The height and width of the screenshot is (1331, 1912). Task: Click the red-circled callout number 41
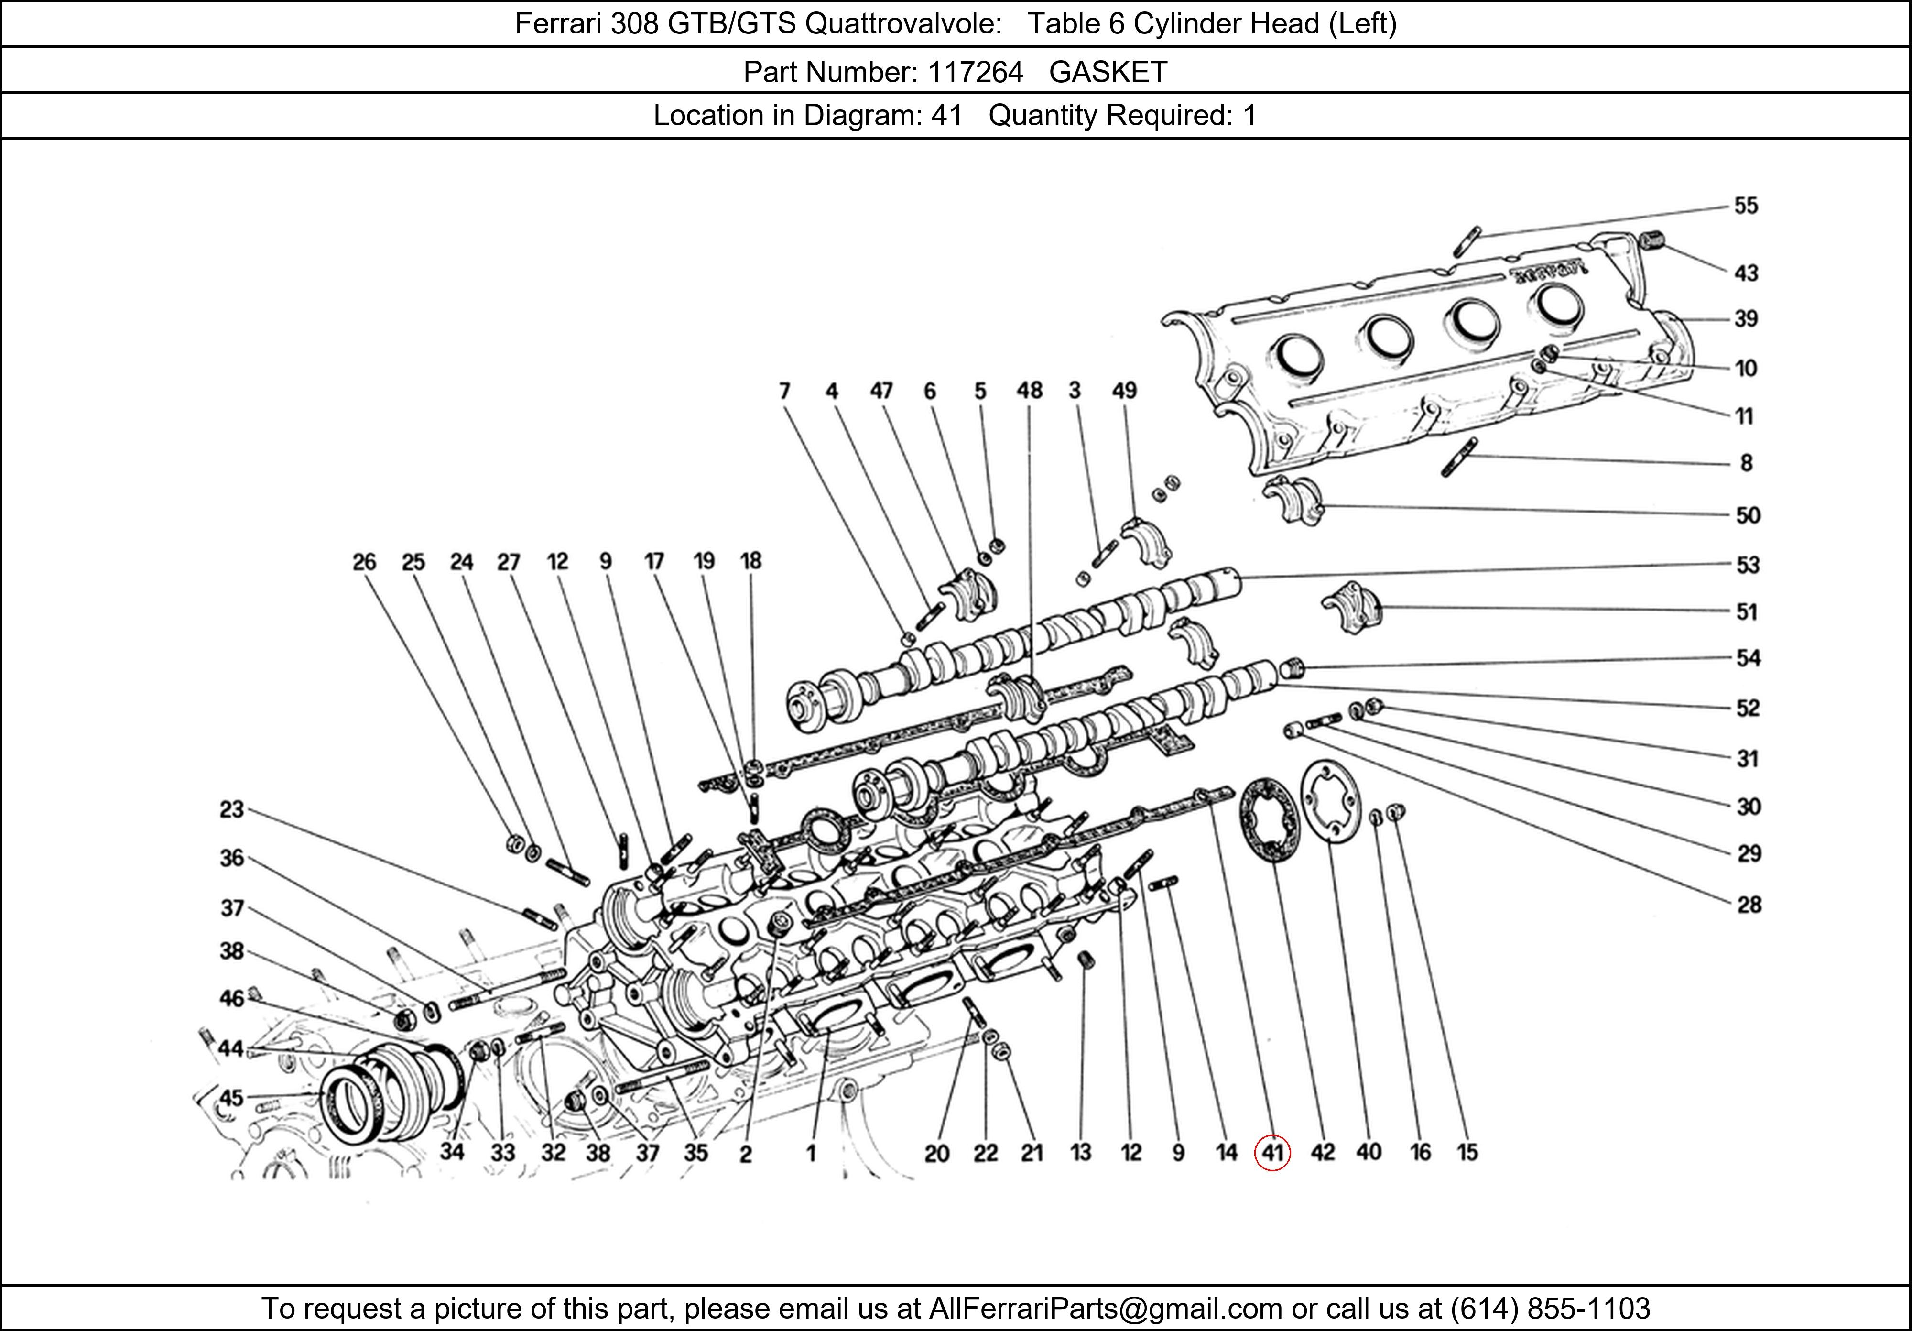click(x=1271, y=1153)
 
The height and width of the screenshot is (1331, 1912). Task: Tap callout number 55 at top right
click(x=1746, y=206)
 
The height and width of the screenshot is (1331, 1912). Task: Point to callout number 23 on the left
click(x=231, y=809)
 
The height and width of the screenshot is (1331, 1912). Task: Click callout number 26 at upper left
click(x=364, y=562)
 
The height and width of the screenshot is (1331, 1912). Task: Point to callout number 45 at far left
click(x=231, y=1098)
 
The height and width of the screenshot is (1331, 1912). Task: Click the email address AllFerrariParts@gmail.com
click(x=1105, y=1309)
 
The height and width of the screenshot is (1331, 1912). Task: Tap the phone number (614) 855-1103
click(x=1550, y=1309)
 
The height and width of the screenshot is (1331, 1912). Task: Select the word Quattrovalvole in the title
click(x=903, y=23)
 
